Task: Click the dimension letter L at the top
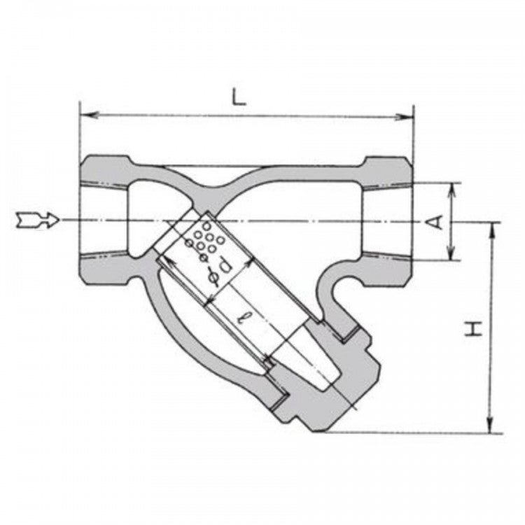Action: (239, 97)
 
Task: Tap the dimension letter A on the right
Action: (435, 222)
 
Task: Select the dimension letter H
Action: (472, 329)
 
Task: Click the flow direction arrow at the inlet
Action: (38, 220)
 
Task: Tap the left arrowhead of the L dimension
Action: (89, 115)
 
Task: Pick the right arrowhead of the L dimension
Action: (404, 117)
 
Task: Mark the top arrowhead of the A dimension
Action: (451, 191)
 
